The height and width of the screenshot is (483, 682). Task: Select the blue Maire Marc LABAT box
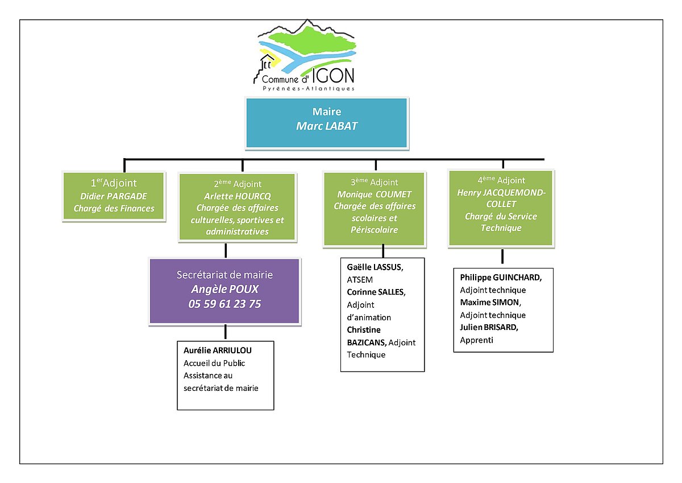(327, 122)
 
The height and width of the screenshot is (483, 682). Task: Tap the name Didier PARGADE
(114, 196)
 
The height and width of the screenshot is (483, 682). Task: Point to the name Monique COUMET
(375, 194)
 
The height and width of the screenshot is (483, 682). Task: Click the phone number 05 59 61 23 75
(224, 304)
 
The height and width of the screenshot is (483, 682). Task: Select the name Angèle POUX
(224, 289)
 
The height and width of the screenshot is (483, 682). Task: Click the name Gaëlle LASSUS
(375, 267)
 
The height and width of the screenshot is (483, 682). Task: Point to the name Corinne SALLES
(375, 292)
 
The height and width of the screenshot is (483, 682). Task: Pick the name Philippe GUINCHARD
(501, 278)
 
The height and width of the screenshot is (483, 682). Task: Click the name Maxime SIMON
(490, 302)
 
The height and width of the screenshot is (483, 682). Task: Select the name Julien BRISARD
(489, 327)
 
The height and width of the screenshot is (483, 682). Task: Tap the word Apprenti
(477, 340)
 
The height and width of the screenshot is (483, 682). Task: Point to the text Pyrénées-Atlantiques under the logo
(308, 89)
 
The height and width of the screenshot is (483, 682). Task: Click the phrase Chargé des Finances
(114, 208)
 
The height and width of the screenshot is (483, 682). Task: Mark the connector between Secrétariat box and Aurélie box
(226, 332)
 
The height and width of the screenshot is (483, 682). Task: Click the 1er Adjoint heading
(114, 183)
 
